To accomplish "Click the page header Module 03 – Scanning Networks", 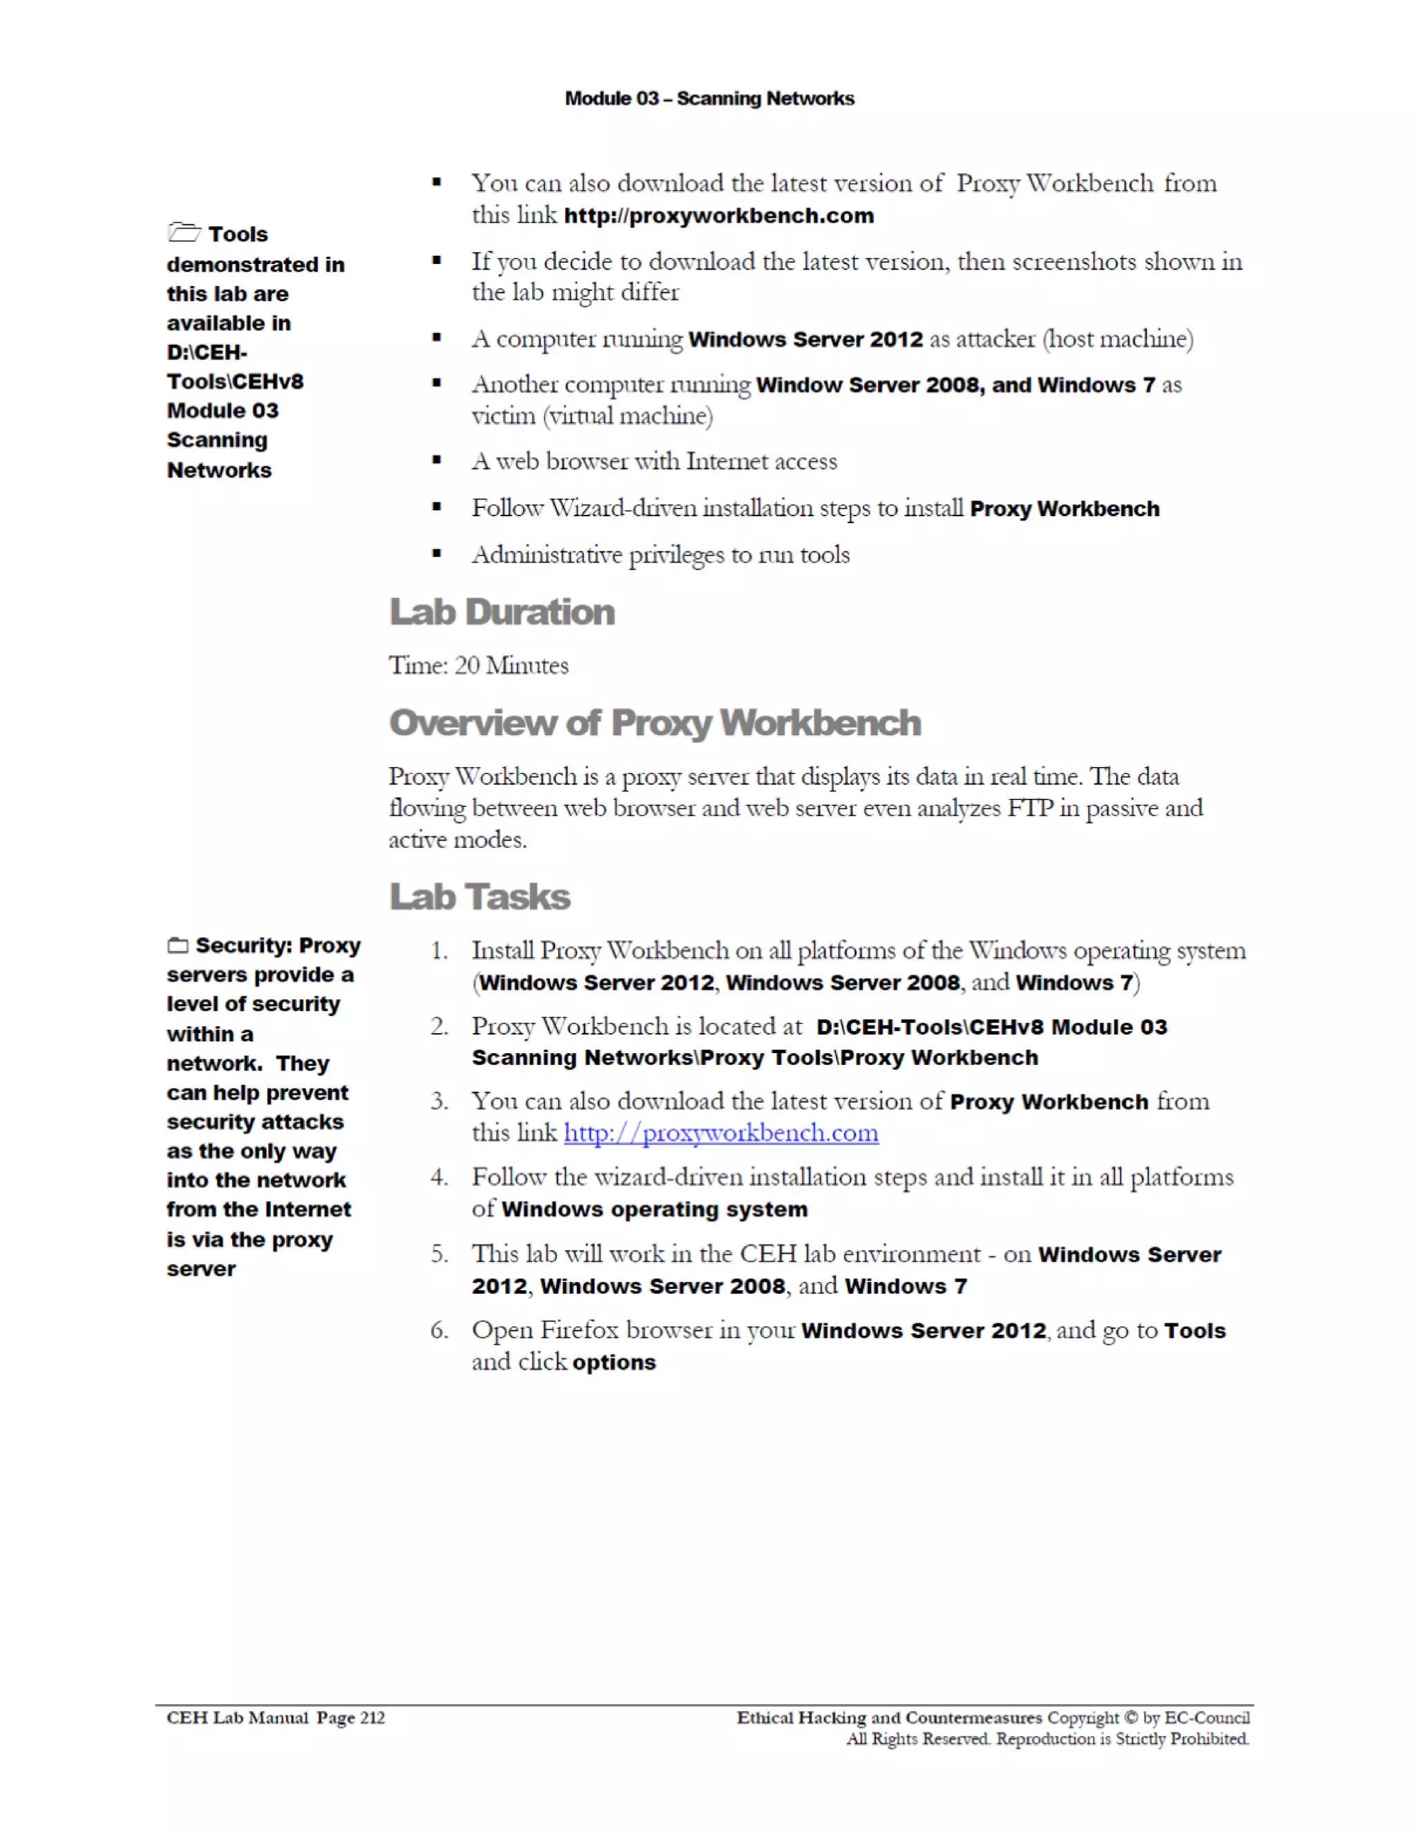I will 709,99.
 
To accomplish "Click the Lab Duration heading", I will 502,612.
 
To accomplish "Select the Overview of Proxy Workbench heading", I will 655,723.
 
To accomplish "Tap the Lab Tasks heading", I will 479,897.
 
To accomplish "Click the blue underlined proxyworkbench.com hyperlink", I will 721,1133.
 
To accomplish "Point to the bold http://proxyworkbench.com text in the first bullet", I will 719,216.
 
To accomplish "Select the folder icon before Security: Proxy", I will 178,945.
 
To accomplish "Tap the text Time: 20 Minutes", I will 478,666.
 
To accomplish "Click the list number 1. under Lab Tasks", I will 439,951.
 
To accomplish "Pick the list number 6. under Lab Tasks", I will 439,1330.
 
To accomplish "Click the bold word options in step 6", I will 614,1362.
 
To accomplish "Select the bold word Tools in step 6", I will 1195,1331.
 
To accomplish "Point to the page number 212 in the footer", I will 372,1718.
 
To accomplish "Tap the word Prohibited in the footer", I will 1208,1739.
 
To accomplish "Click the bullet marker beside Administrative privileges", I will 436,554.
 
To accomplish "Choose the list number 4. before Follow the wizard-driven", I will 439,1178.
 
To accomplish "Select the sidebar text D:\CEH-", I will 207,352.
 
